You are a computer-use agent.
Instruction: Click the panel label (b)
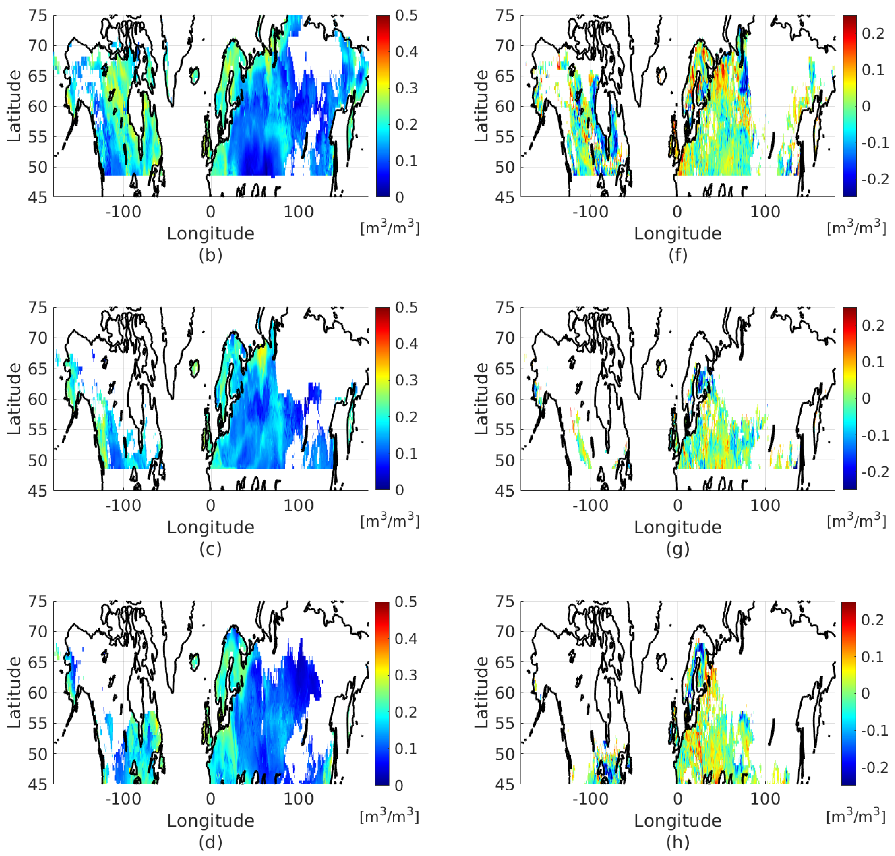coord(210,255)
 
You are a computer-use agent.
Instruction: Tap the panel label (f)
coord(678,255)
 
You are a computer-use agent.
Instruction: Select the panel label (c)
coord(210,548)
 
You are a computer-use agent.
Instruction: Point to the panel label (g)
coord(678,548)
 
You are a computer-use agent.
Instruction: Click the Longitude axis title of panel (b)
coord(210,234)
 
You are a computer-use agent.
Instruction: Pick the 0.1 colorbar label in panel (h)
coord(873,657)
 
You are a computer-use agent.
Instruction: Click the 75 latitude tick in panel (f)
coord(505,16)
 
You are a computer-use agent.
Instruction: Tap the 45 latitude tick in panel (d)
coord(37,785)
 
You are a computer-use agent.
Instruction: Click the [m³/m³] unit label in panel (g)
coord(856,521)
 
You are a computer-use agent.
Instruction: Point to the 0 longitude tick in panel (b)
coord(210,212)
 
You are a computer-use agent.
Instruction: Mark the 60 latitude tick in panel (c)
coord(37,399)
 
